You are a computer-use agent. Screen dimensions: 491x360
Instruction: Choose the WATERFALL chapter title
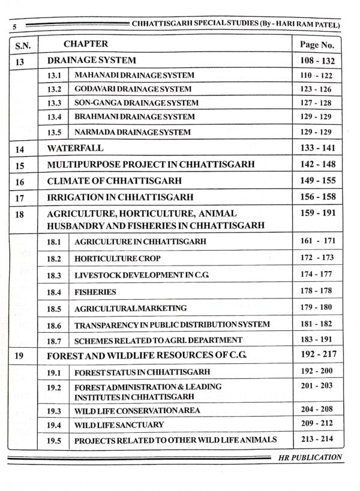(x=76, y=147)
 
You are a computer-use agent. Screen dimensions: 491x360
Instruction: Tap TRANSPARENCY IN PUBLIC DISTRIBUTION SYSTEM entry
(x=172, y=324)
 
